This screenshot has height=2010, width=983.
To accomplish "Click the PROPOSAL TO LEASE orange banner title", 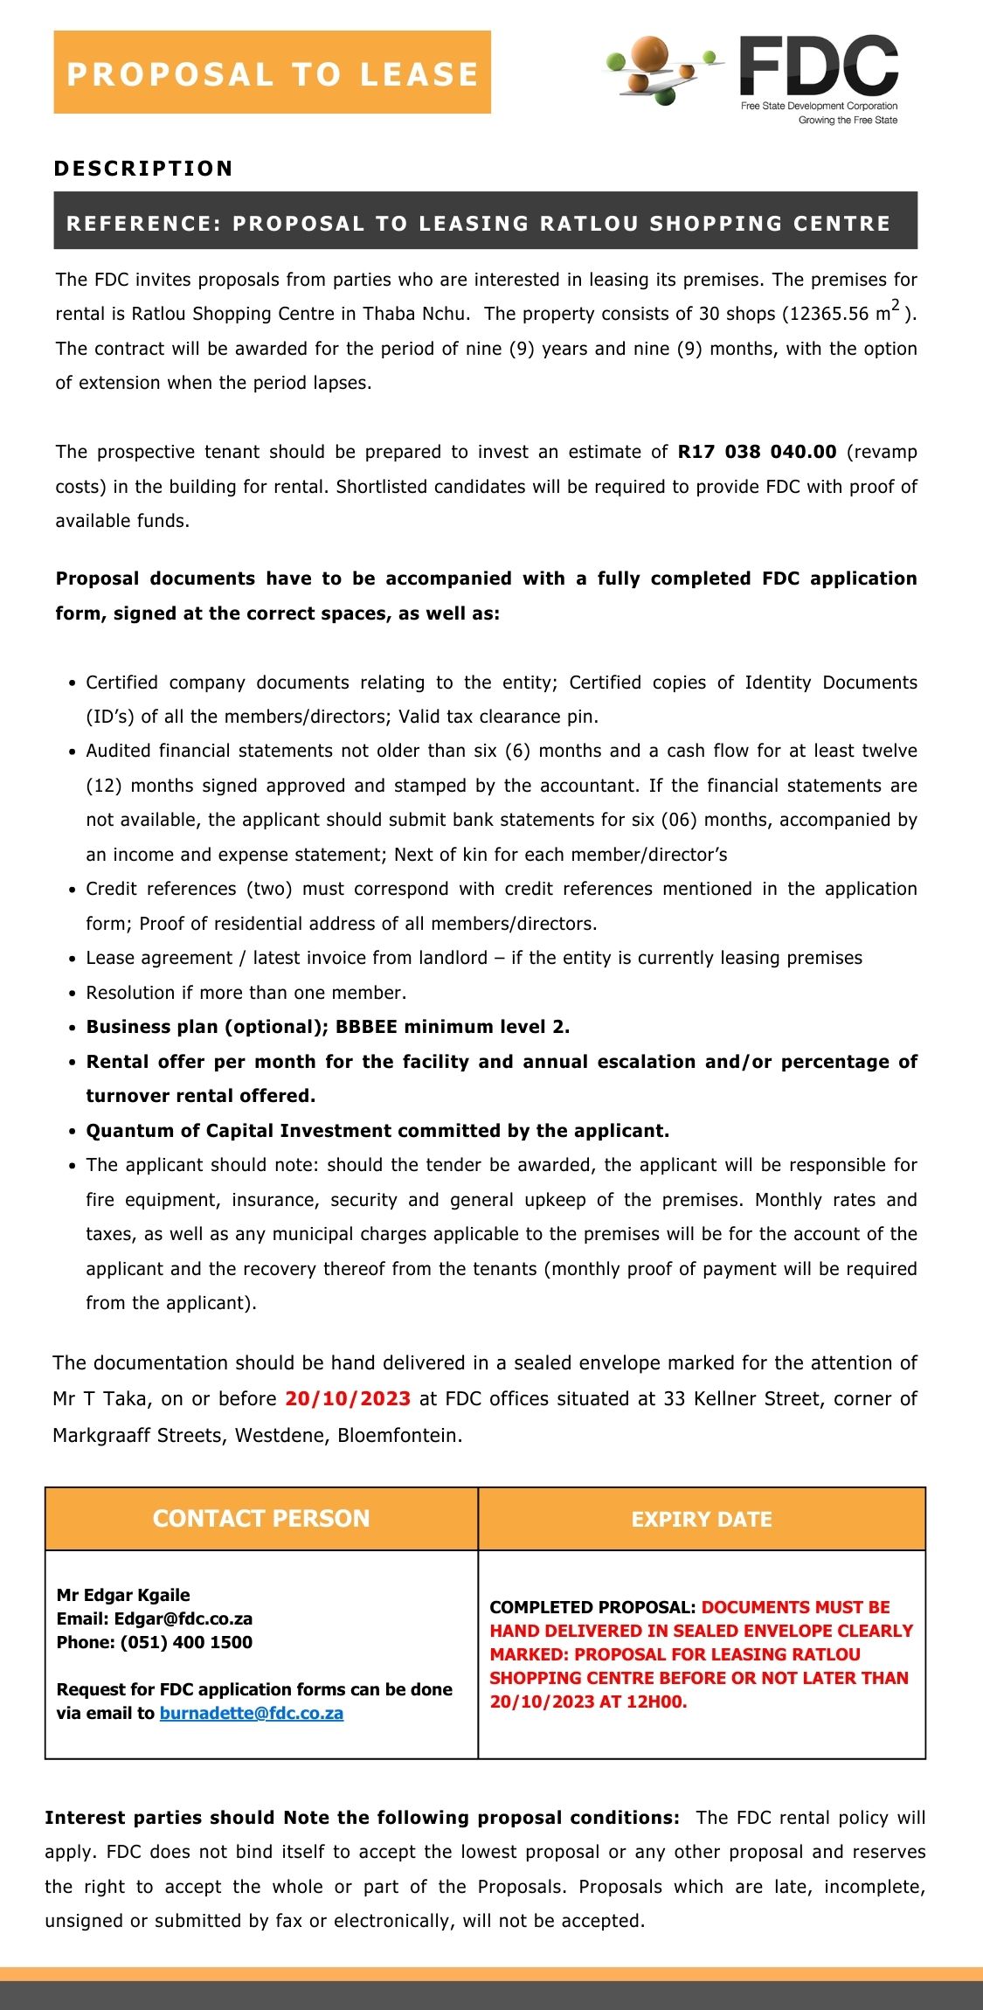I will (x=272, y=73).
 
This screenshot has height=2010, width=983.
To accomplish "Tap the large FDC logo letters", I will (x=819, y=66).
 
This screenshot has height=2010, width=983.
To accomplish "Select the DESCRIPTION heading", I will (x=143, y=169).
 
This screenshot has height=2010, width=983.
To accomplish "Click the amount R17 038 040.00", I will (x=757, y=452).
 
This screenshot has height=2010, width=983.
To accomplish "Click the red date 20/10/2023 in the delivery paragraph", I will (x=348, y=1398).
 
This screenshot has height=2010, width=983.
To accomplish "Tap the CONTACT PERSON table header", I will (x=261, y=1518).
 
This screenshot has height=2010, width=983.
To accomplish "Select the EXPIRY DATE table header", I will (x=702, y=1519).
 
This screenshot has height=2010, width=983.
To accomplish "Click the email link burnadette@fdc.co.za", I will (x=252, y=1713).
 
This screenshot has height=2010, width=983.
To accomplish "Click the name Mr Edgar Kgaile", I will (x=123, y=1595).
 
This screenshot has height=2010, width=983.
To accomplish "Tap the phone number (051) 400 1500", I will (x=186, y=1642).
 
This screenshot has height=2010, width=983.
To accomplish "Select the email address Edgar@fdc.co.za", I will (x=183, y=1618).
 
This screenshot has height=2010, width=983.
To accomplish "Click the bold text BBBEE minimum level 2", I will (x=453, y=1027).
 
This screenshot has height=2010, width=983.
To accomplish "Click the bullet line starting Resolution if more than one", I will (x=246, y=993).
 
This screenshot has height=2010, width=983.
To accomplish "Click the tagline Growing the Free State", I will (x=848, y=121).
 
